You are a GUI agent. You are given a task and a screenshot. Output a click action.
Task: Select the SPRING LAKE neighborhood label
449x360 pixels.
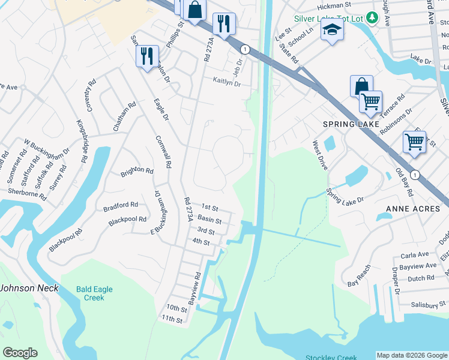pos(345,124)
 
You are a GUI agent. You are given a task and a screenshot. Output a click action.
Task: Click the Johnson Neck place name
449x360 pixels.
pos(29,288)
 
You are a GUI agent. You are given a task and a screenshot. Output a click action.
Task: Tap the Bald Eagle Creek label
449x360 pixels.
pos(94,293)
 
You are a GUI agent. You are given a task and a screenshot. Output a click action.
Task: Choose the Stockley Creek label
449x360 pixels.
pos(331,358)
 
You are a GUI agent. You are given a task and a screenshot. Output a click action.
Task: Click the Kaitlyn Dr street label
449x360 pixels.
pos(226,82)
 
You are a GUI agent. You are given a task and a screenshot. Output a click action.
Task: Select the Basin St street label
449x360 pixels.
pos(209,220)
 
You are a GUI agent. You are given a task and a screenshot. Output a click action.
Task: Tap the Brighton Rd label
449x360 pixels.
pos(137,170)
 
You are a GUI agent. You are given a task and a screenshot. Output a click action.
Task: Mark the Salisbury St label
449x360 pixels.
pos(426,305)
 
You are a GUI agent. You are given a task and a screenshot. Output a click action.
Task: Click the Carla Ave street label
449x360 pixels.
pos(414,254)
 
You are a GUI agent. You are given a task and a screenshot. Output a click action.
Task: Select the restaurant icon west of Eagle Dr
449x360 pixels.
pos(147,56)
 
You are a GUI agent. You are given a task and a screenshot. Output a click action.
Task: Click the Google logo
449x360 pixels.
pos(20,352)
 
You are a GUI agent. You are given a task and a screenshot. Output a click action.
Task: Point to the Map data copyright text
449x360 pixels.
pos(411,355)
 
